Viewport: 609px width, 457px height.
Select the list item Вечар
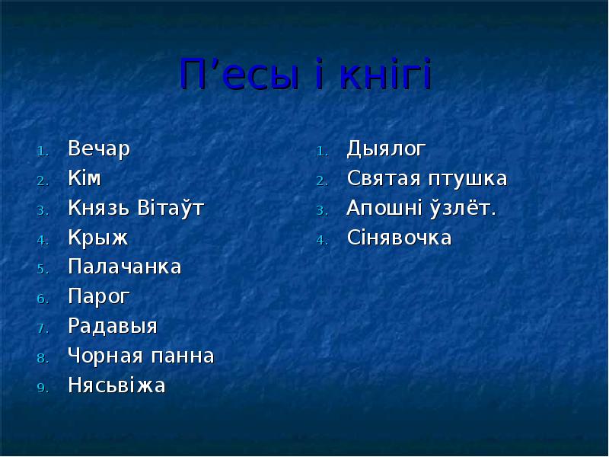(x=99, y=149)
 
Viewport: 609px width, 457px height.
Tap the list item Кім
(x=84, y=178)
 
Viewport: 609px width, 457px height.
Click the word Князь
(x=99, y=208)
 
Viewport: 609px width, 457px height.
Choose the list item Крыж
(x=97, y=238)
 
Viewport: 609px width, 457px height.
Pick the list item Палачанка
(x=125, y=267)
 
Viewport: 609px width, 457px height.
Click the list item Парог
(x=99, y=297)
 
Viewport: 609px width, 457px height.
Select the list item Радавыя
(x=113, y=327)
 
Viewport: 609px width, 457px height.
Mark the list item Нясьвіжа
(x=116, y=386)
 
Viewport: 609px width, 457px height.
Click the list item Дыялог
(x=386, y=149)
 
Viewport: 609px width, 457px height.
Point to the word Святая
(x=383, y=178)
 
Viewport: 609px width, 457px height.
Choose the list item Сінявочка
(x=399, y=238)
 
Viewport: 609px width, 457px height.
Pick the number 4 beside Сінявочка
(x=322, y=239)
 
